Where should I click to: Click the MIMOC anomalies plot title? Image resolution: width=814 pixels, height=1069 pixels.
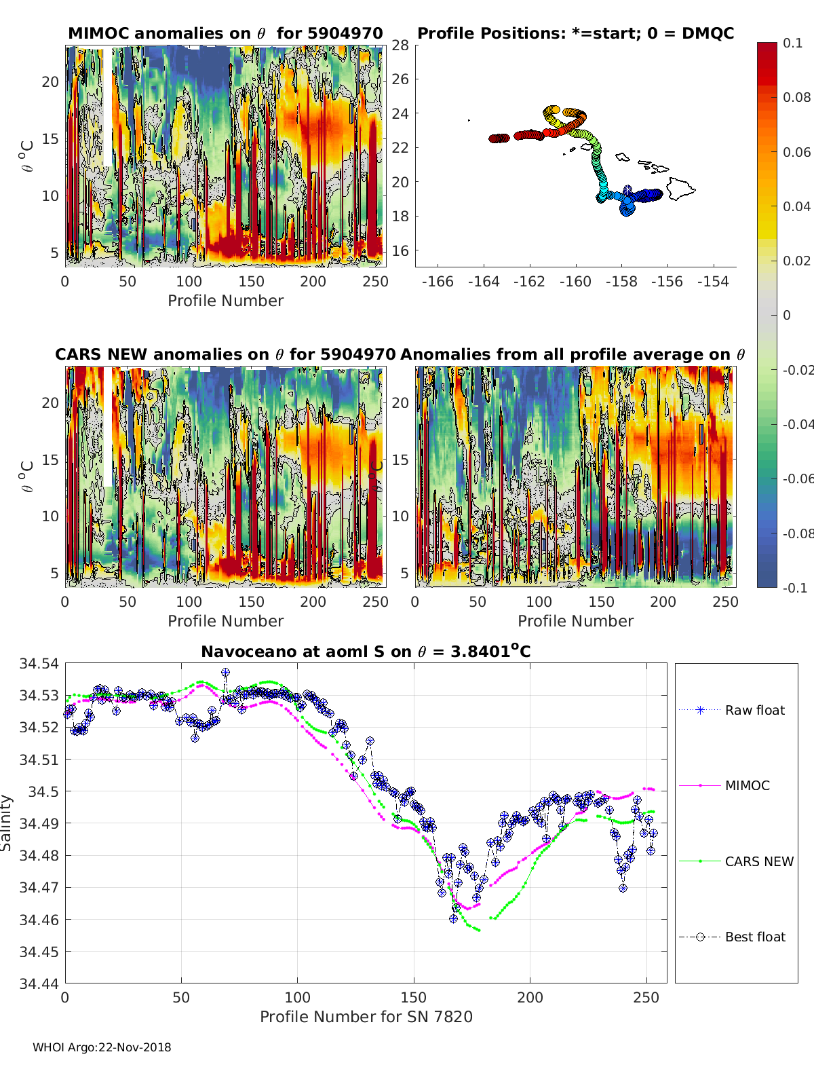coord(225,33)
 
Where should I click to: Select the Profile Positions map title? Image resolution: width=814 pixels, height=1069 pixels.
coord(575,33)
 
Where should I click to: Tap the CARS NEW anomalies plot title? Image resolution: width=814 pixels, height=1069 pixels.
coord(225,354)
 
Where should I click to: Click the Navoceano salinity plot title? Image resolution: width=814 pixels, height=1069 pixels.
coord(366,652)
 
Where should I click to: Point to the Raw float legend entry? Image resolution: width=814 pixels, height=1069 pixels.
coord(754,710)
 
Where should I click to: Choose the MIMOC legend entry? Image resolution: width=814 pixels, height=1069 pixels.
coord(747,785)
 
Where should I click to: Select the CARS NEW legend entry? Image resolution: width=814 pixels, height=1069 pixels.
coord(758,861)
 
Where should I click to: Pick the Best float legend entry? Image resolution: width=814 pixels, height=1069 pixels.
coord(754,937)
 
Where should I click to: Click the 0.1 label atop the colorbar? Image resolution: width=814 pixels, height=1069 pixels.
coord(792,43)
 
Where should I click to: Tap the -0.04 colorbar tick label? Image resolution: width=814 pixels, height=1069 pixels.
coord(797,424)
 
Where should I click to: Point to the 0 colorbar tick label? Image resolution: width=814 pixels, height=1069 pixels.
coord(787,315)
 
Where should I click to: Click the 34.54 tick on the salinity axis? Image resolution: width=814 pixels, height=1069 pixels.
coord(39,663)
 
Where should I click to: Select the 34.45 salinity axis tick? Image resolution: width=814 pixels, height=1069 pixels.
coord(39,952)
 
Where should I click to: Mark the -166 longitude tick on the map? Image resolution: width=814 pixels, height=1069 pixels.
coord(438,281)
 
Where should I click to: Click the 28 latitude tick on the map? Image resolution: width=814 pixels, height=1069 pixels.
coord(400,45)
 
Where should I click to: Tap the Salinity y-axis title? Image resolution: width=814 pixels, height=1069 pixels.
coord(7,823)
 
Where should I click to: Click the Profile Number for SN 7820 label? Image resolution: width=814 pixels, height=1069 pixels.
coord(366,1017)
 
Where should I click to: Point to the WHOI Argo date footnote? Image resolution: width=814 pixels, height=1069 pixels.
coord(102,1047)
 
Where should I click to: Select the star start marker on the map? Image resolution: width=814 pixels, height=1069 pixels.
coord(627,189)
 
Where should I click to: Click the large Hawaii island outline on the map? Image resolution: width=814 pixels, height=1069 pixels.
coord(680,188)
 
